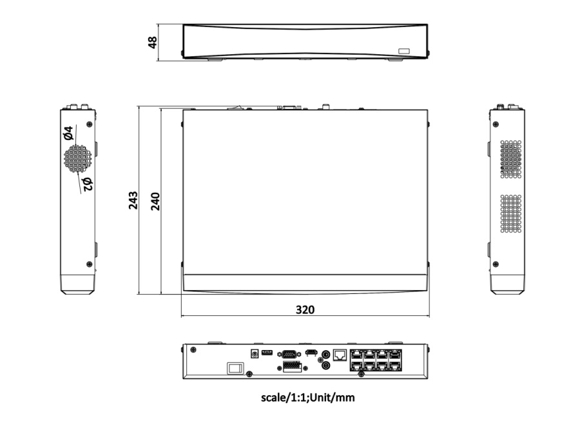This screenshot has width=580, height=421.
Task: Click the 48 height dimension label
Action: [153, 43]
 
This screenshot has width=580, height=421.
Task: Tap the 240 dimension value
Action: [155, 201]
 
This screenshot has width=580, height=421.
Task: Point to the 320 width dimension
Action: [305, 309]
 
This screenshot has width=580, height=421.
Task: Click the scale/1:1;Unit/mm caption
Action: [307, 398]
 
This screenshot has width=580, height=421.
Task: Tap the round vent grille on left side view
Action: [77, 158]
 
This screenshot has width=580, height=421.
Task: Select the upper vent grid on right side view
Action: [510, 159]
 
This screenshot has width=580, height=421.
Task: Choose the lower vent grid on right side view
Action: [510, 213]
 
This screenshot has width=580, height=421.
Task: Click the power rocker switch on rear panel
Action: [235, 368]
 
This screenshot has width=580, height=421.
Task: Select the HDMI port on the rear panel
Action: [311, 353]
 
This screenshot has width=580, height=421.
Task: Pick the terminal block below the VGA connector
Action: [292, 367]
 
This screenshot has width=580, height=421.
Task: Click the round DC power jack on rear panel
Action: [253, 353]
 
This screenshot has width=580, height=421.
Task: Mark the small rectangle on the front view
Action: [403, 50]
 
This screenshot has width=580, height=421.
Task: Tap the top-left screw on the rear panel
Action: [193, 350]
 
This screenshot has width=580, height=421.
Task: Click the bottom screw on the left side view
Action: [88, 264]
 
